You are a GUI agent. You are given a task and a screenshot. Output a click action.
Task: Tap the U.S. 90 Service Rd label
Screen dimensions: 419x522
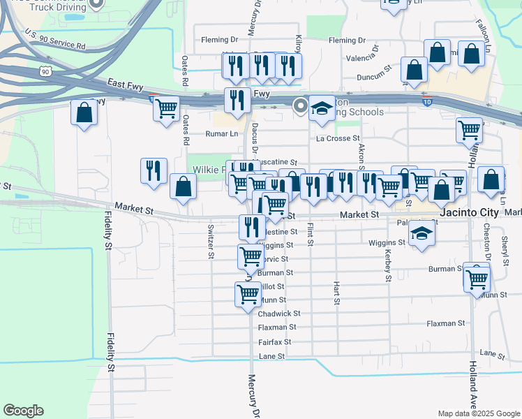point(54,40)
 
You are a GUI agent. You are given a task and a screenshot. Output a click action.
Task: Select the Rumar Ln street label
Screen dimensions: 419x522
point(222,133)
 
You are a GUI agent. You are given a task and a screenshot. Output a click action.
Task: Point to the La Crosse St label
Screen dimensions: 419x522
point(338,139)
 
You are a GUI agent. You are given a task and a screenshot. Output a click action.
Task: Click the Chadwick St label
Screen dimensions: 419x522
point(279,314)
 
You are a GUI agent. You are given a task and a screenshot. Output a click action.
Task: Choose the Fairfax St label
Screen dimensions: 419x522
point(274,342)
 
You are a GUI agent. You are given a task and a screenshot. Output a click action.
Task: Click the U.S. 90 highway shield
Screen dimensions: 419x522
point(45,71)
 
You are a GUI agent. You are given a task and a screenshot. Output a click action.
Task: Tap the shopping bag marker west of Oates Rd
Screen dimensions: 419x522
point(84,113)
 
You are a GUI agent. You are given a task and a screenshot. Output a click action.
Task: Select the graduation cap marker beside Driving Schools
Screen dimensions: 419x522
point(322,108)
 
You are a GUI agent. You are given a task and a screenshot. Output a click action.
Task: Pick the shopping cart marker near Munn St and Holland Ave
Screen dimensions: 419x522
point(477,278)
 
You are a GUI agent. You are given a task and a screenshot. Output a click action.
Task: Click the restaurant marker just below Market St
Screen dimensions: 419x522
point(252,226)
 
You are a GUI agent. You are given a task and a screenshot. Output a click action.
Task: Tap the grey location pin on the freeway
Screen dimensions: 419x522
point(301,106)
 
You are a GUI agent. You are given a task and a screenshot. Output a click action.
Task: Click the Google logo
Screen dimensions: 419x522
point(23,411)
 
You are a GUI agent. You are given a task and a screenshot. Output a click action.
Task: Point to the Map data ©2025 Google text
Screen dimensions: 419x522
point(477,413)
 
